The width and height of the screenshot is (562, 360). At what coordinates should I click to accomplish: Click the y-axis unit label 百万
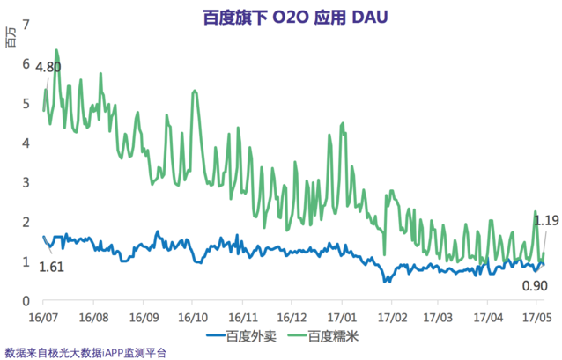tap(11, 38)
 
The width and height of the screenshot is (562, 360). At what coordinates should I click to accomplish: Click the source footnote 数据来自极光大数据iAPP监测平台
tap(85, 352)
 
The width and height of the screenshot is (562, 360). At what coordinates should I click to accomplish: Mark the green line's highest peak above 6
tap(56, 50)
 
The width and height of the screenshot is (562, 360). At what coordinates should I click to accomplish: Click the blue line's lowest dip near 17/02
tap(386, 282)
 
